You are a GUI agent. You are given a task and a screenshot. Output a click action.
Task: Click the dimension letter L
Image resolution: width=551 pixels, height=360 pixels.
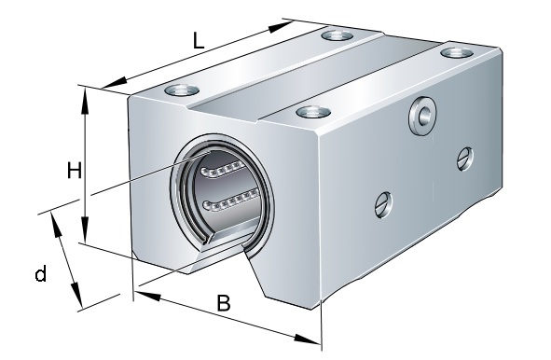pyautogui.click(x=199, y=40)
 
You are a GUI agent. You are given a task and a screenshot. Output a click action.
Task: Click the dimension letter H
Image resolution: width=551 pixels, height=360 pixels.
pyautogui.click(x=75, y=171)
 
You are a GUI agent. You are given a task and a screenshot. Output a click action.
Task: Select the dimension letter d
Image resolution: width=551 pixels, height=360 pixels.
pyautogui.click(x=41, y=273)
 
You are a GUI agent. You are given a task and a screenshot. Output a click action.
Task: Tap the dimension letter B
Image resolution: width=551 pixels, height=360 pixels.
pyautogui.click(x=224, y=303)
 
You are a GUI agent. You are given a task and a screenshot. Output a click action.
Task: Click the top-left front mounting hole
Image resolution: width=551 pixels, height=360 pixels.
pyautogui.click(x=182, y=90)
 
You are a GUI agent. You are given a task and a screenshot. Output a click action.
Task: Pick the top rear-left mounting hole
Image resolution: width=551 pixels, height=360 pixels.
pyautogui.click(x=337, y=35)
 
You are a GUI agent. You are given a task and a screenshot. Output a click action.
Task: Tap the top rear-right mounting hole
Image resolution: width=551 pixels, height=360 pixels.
pyautogui.click(x=457, y=53)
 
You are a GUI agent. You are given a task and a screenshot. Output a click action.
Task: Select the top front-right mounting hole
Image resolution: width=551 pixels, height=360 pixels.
pyautogui.click(x=313, y=112)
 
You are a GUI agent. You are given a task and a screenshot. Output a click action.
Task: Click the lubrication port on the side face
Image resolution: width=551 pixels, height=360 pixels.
pyautogui.click(x=422, y=116)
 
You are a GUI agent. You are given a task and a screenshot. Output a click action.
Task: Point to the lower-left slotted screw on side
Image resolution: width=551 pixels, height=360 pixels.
pyautogui.click(x=383, y=204)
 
